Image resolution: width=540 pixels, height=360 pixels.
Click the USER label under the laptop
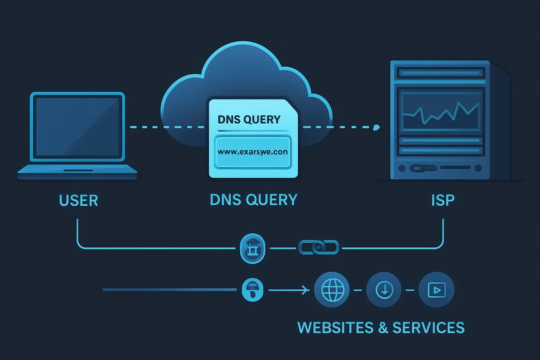[79, 200]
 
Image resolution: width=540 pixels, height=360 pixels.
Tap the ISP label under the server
[443, 200]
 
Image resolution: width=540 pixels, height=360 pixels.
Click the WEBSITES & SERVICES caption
[381, 328]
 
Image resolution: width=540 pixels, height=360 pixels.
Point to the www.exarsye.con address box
[253, 152]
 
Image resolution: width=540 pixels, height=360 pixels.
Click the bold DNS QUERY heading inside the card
[249, 119]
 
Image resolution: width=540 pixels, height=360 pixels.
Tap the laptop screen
[77, 126]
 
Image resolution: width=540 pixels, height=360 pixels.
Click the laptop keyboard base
[78, 171]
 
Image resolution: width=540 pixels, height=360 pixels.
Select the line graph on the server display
[440, 111]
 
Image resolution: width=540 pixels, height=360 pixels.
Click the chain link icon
[319, 247]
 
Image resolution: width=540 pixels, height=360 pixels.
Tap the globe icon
[332, 290]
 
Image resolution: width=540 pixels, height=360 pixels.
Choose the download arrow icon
[384, 290]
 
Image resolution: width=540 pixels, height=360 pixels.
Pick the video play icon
[436, 290]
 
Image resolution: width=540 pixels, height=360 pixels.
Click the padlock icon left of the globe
[252, 290]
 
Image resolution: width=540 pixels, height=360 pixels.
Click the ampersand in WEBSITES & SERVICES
[383, 328]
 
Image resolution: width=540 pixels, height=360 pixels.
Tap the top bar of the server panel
[440, 73]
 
